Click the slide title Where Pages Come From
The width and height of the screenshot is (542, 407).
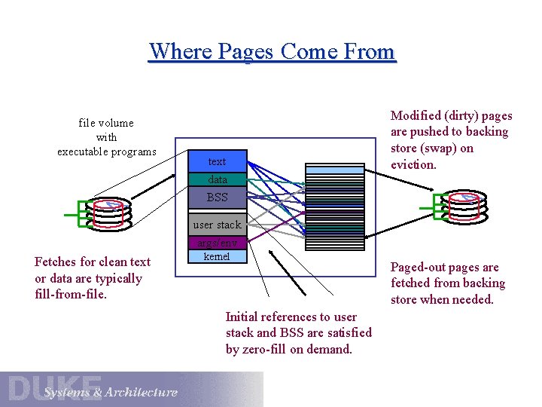pos(272,51)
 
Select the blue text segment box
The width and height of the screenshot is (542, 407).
pos(217,161)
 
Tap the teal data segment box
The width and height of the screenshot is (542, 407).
pos(217,179)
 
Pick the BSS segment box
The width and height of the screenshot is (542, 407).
pos(217,197)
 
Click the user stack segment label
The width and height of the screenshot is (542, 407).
pos(217,225)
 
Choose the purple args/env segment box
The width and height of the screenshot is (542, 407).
pos(217,243)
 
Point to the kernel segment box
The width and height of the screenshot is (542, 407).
pos(217,257)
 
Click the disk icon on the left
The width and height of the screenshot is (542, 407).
pos(108,213)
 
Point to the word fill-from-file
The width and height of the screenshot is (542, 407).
pos(71,295)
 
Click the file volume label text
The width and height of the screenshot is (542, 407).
pos(106,123)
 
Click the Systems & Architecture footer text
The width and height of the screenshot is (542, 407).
pos(111,392)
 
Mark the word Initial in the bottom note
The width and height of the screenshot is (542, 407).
pos(242,317)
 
